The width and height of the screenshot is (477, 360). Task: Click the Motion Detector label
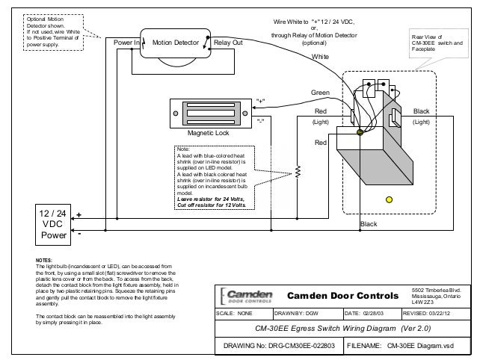[x=176, y=43]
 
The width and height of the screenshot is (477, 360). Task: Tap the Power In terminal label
[x=128, y=43]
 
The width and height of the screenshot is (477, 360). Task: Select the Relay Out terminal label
[x=228, y=43]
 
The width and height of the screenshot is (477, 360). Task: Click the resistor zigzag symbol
[x=298, y=172]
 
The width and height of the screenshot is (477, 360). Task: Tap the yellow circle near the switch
[x=388, y=199]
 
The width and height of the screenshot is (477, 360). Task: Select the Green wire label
[x=320, y=93]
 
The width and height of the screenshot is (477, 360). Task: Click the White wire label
[x=320, y=56]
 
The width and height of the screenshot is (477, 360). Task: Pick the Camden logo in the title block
[x=248, y=295]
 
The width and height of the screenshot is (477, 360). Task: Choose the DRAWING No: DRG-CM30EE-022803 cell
[x=277, y=347]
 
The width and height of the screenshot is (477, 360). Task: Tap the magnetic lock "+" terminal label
[x=259, y=99]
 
